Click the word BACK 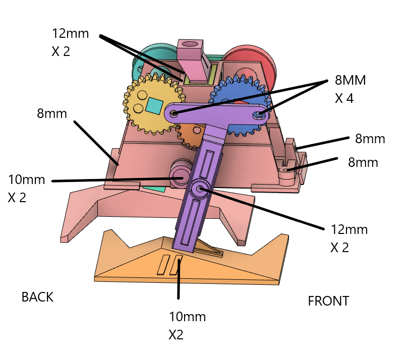pos(37,297)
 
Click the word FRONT pos(328,301)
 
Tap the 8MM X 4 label pos(350,89)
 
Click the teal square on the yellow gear pos(154,105)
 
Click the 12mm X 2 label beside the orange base pos(349,238)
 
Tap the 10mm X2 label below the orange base pos(187,326)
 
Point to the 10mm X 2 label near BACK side pos(26,189)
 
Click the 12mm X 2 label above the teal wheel pos(70,42)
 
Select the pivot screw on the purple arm pos(200,189)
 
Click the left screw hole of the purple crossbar pos(173,113)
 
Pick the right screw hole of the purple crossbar pos(260,114)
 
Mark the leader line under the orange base pos(179,279)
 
